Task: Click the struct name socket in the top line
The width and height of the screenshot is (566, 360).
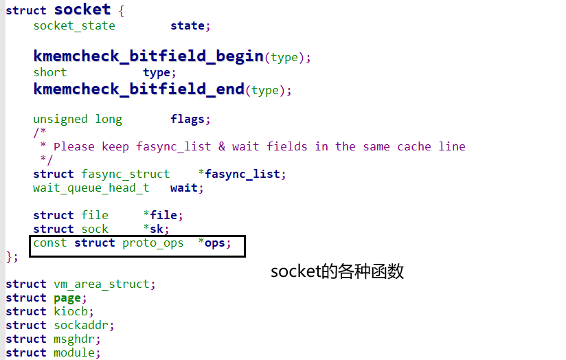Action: (x=82, y=10)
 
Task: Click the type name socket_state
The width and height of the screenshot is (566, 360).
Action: (x=74, y=25)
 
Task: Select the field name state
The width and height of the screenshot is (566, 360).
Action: (x=187, y=25)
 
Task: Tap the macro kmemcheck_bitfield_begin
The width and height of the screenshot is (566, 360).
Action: (x=148, y=56)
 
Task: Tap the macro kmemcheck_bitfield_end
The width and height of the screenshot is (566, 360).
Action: (x=139, y=89)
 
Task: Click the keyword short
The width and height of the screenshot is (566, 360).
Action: (x=50, y=72)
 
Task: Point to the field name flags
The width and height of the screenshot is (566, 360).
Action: (x=187, y=119)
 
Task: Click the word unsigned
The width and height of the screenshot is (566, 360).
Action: (x=60, y=119)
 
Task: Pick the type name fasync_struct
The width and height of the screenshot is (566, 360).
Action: (x=125, y=174)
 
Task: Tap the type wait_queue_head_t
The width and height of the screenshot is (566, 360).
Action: (x=91, y=188)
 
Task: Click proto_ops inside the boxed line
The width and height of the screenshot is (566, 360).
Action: (x=152, y=243)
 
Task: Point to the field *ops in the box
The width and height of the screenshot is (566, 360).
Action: (x=214, y=243)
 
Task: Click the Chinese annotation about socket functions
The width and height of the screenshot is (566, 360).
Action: (x=337, y=271)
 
